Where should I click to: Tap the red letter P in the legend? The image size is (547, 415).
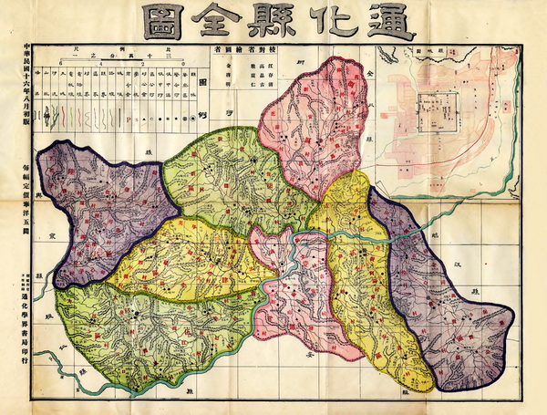pyautogui.click(x=129, y=118)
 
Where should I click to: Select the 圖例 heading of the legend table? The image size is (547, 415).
pyautogui.click(x=202, y=91)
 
